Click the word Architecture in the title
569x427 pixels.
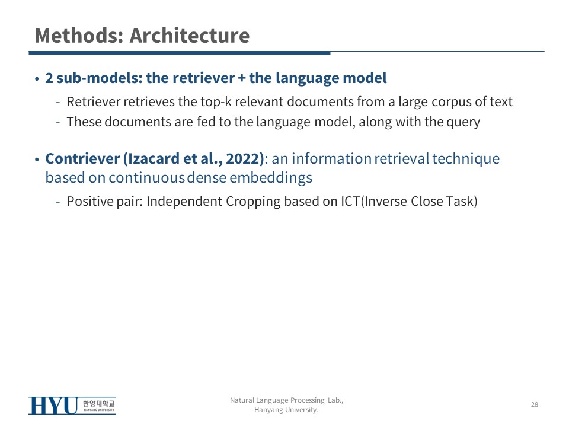click(x=190, y=36)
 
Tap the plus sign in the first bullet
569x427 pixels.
click(x=242, y=78)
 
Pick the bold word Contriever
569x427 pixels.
click(x=82, y=159)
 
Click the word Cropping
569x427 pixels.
click(x=253, y=202)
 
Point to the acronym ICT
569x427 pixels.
click(x=350, y=202)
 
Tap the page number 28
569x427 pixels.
click(x=535, y=404)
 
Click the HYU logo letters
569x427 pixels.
click(x=53, y=406)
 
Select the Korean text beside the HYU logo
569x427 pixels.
click(x=99, y=403)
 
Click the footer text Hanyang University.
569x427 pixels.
click(x=286, y=410)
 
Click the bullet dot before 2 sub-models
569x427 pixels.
click(x=37, y=79)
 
